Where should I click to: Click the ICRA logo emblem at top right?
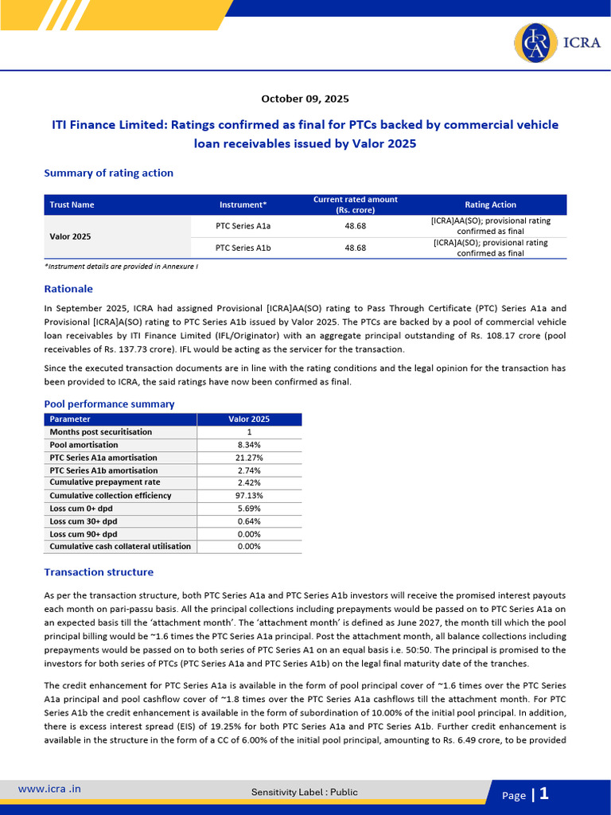click(535, 42)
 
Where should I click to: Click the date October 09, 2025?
click(305, 99)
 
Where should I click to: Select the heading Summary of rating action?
click(108, 173)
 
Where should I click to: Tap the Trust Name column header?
click(72, 205)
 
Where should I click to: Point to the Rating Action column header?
click(490, 205)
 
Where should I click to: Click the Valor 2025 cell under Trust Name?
click(70, 236)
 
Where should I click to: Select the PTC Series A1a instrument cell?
click(243, 225)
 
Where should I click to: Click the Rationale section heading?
click(68, 289)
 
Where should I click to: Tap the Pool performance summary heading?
click(109, 404)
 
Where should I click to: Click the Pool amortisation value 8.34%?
click(249, 445)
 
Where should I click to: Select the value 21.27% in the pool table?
click(250, 458)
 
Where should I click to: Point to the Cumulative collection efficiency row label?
click(110, 496)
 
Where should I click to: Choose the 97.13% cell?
click(250, 496)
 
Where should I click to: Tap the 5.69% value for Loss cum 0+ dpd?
click(249, 509)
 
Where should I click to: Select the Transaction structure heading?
click(99, 572)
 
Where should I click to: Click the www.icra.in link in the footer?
click(49, 789)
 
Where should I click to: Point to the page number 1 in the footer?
click(544, 793)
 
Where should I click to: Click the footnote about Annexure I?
click(121, 266)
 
